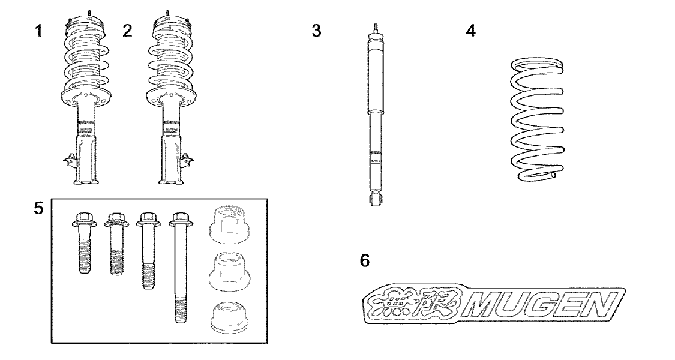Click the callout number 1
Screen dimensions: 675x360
point(39,31)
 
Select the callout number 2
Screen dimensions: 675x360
point(127,31)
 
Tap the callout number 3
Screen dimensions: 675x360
point(316,31)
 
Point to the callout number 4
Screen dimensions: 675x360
point(471,31)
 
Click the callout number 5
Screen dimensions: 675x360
point(39,208)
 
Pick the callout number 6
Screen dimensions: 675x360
point(365,260)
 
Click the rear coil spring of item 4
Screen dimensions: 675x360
point(537,120)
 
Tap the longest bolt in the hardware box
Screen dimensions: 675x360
point(181,267)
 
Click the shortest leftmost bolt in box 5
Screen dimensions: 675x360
point(84,243)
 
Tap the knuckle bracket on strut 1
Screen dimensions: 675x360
point(70,161)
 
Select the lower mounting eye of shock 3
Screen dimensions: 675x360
point(375,199)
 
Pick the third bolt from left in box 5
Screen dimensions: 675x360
point(149,251)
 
